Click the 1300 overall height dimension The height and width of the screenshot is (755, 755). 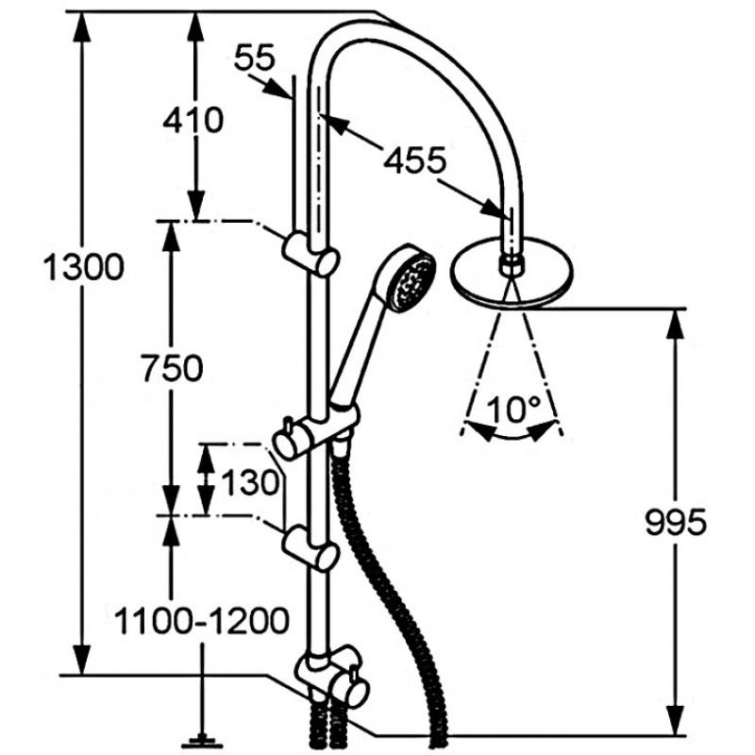(x=83, y=268)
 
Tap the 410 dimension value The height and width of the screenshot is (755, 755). (x=193, y=120)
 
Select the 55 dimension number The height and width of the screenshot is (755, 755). (x=254, y=58)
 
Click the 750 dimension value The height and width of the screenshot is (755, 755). (x=173, y=368)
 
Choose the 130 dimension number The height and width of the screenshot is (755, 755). (x=250, y=482)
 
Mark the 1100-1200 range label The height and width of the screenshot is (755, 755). (x=201, y=621)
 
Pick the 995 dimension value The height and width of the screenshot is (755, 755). (x=676, y=522)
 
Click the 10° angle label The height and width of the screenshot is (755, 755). (x=512, y=410)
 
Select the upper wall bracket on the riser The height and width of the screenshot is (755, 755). (x=311, y=253)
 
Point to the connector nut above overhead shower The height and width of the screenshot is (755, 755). (x=512, y=264)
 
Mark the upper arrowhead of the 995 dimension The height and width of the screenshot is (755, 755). (x=676, y=324)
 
